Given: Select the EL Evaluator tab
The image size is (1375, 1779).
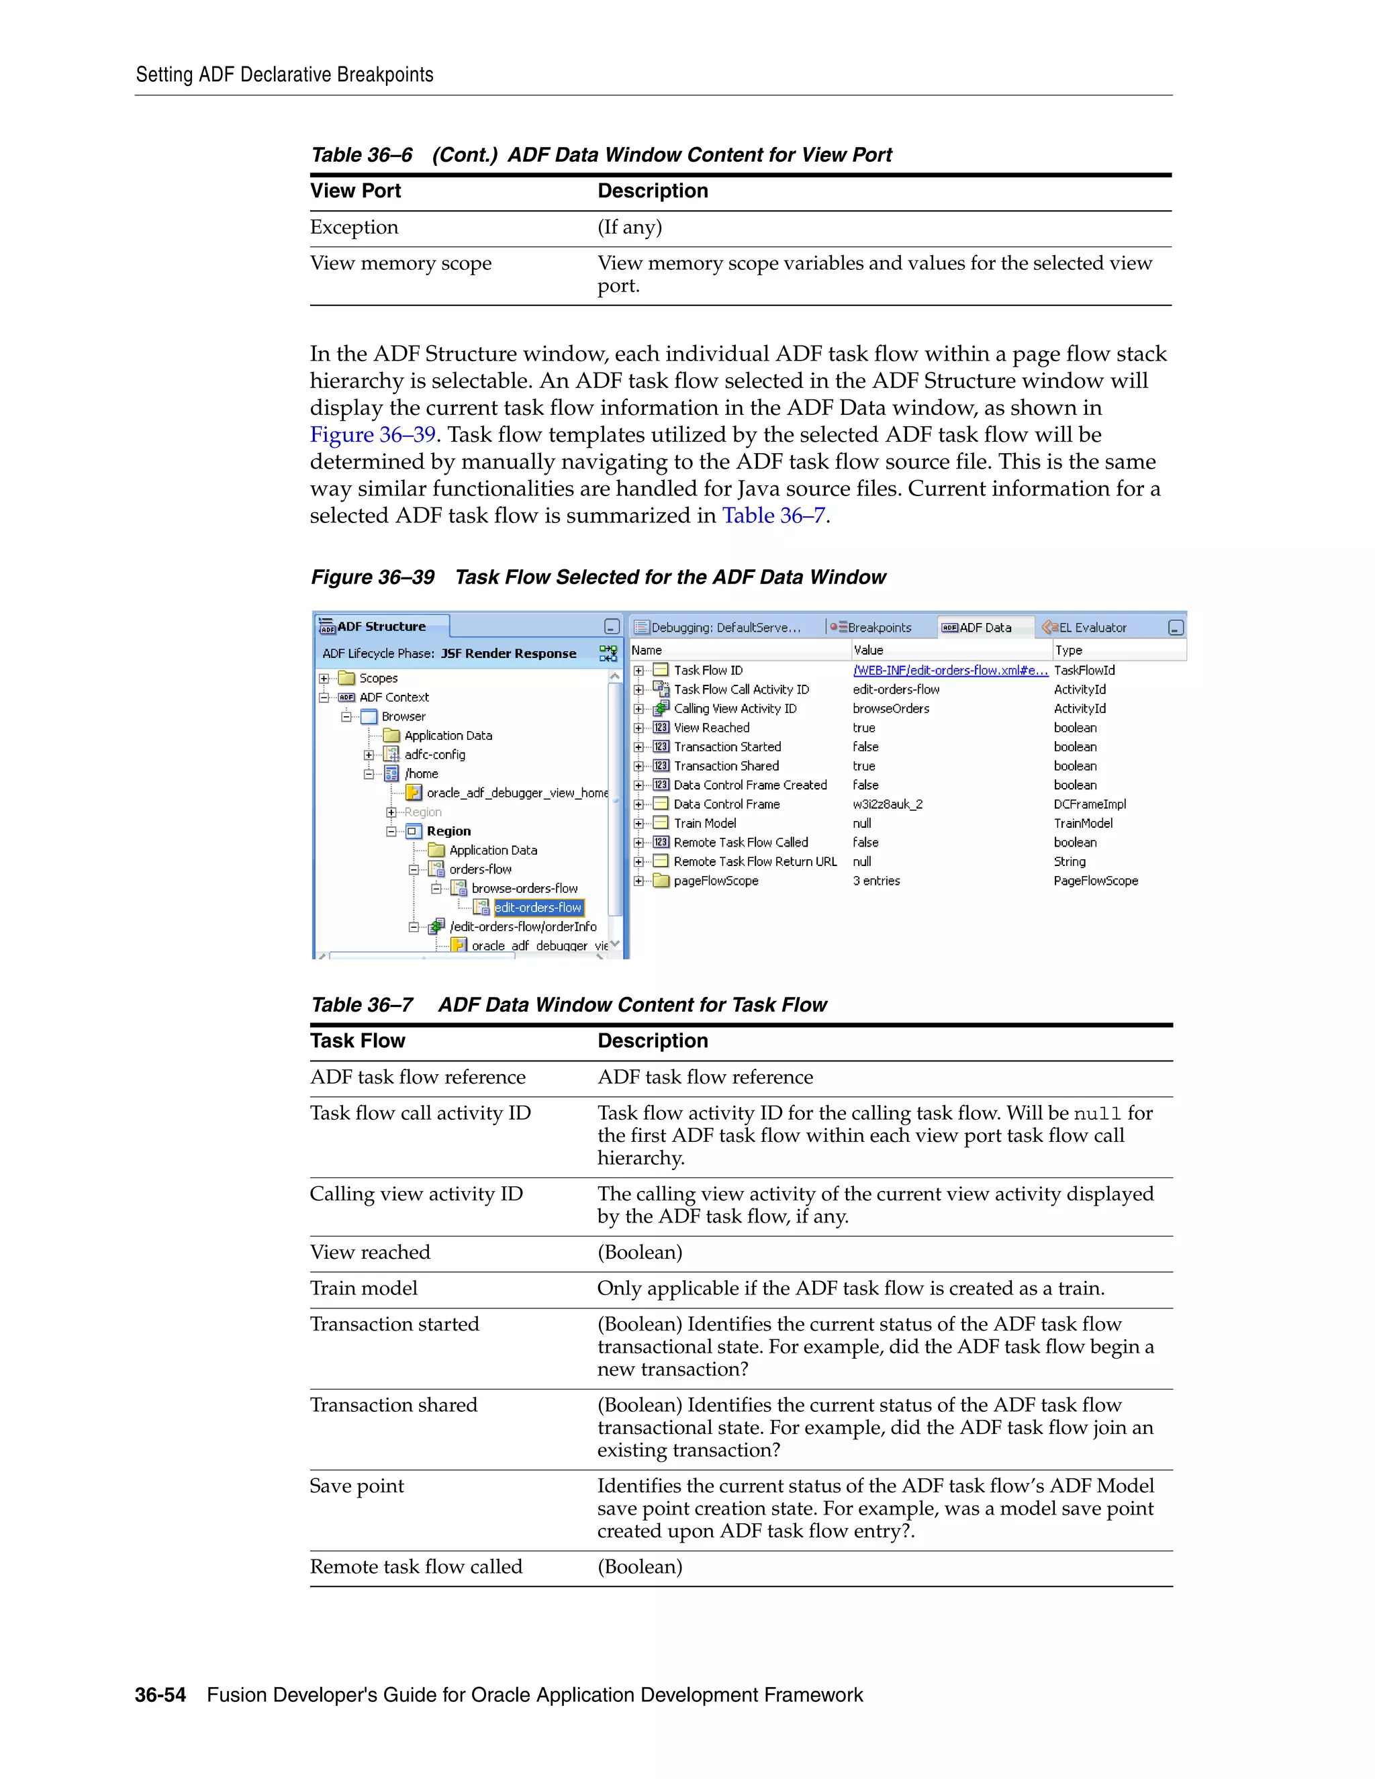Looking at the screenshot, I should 1092,627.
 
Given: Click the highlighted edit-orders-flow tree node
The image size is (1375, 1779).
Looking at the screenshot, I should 538,908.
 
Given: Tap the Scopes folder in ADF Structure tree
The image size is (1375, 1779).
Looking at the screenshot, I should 378,678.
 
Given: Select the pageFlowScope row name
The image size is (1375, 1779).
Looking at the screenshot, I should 715,881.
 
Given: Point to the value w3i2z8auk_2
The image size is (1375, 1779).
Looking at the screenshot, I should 887,804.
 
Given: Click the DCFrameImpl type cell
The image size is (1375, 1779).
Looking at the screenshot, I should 1090,804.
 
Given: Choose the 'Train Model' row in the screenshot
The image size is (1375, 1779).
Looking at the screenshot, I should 704,824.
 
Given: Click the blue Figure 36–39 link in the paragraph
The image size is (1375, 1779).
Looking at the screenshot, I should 372,434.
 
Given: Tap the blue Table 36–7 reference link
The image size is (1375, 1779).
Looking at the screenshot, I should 773,516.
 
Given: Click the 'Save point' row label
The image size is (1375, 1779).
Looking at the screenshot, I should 357,1486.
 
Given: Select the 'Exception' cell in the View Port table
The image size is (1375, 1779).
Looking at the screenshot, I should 354,228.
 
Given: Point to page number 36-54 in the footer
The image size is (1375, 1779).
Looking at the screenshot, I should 160,1695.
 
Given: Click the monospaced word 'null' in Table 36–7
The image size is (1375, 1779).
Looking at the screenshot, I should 1097,1114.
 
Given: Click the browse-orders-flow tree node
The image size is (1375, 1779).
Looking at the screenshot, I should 524,889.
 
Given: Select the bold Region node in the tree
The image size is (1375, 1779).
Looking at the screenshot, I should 448,831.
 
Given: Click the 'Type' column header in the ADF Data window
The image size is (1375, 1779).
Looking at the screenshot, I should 1069,650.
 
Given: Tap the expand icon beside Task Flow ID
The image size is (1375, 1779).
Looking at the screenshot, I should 638,671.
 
